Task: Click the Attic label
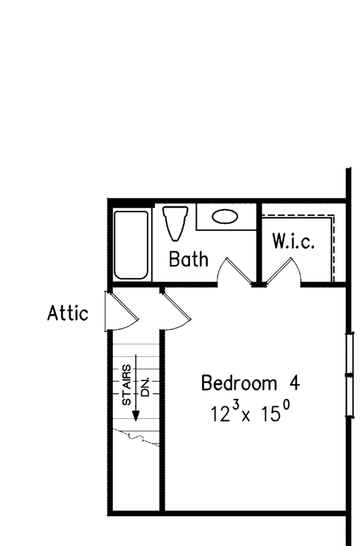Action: point(68,313)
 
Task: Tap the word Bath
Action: point(188,259)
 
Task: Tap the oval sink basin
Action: point(224,217)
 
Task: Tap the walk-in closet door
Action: point(282,271)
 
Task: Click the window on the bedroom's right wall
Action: point(349,374)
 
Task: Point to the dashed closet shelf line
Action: point(332,246)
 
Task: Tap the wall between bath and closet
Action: point(259,243)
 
